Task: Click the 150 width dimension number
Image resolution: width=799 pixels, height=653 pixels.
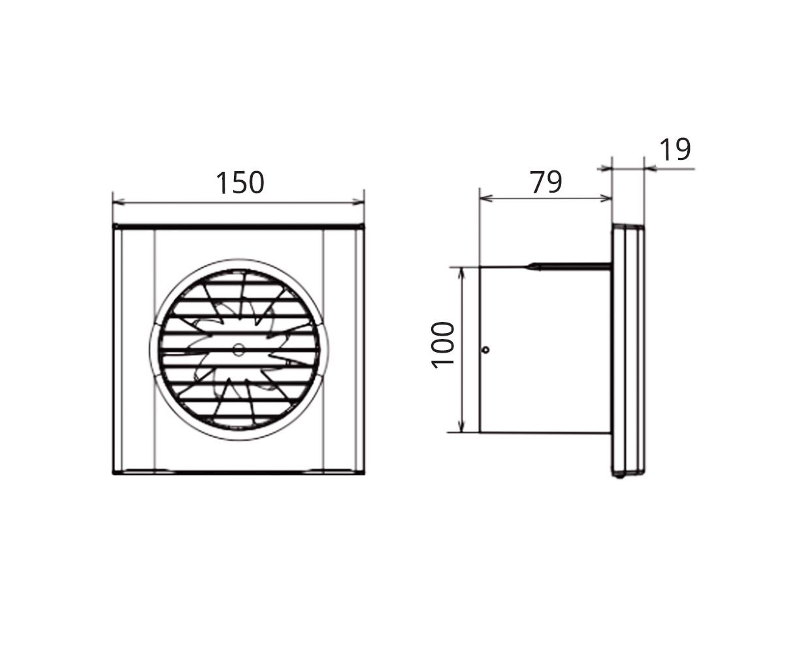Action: click(x=239, y=183)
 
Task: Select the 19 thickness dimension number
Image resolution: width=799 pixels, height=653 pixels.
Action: click(x=675, y=150)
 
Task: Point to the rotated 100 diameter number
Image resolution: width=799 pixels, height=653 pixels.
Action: click(x=442, y=345)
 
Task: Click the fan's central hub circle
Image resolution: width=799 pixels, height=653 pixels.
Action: click(x=238, y=349)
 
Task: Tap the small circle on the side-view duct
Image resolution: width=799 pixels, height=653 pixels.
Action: click(x=485, y=349)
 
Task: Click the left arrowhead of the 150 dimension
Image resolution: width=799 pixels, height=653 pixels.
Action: click(x=119, y=202)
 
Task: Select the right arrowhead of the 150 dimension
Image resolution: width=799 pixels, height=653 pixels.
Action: click(x=358, y=202)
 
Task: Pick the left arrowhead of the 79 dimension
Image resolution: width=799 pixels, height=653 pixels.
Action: click(x=486, y=198)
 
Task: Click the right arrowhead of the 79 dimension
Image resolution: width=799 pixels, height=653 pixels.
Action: click(x=605, y=198)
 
